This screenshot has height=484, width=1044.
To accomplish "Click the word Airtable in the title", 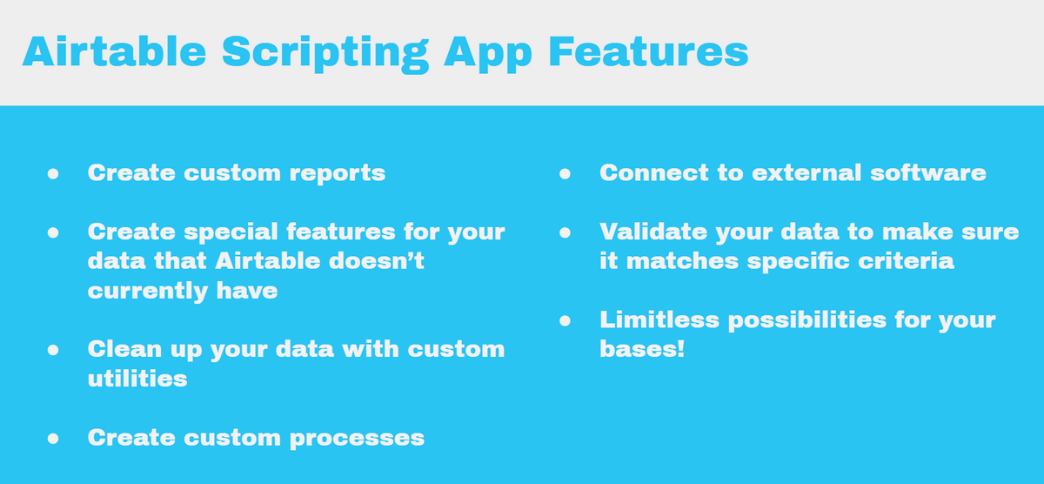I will [114, 52].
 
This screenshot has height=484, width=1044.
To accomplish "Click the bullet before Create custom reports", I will [52, 173].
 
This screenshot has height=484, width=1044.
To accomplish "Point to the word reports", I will [335, 173].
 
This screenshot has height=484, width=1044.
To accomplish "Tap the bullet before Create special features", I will [52, 232].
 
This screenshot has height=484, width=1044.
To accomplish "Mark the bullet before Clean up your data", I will [52, 350].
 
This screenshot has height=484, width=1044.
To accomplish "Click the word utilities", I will [137, 379].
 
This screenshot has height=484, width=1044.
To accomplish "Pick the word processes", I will [364, 437].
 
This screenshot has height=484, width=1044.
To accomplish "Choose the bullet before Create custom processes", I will [52, 437].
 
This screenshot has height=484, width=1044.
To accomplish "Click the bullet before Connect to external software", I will [565, 173].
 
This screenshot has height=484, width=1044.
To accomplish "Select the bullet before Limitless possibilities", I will [565, 320].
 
